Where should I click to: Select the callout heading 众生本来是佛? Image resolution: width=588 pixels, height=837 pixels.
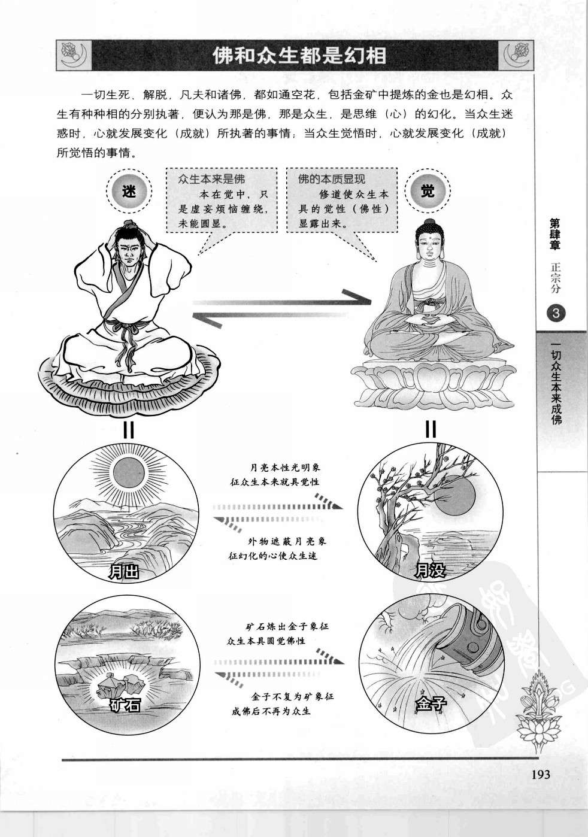211,179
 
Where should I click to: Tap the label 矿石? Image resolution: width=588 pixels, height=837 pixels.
125,705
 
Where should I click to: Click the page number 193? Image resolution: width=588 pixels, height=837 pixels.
539,774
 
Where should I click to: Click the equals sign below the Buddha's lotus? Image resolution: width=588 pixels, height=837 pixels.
431,429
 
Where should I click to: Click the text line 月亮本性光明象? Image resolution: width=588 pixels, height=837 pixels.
281,468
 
